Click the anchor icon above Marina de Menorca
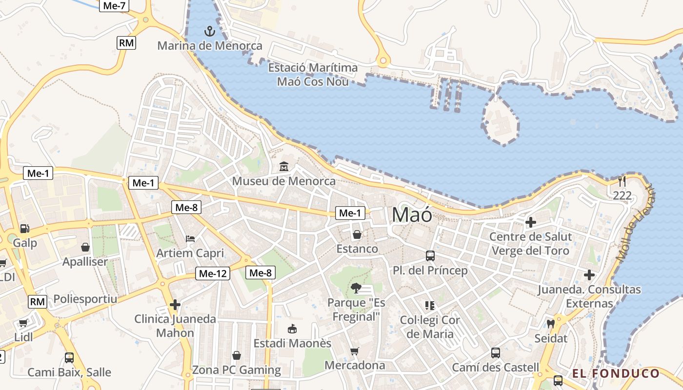[x=209, y=32]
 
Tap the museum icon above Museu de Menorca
[x=283, y=167]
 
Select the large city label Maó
[x=412, y=214]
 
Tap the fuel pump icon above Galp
[x=24, y=228]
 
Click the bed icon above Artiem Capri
[x=190, y=239]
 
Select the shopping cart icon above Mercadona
[x=355, y=351]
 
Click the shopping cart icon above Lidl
[x=23, y=323]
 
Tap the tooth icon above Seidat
[x=551, y=324]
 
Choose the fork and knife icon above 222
[x=622, y=181]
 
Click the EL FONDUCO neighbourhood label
[x=616, y=374]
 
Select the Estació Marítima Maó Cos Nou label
[x=313, y=75]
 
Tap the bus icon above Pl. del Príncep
[x=430, y=255]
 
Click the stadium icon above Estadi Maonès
[x=292, y=329]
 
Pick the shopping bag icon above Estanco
[x=357, y=234]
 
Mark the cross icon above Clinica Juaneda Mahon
[x=175, y=305]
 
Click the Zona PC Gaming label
[x=237, y=370]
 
